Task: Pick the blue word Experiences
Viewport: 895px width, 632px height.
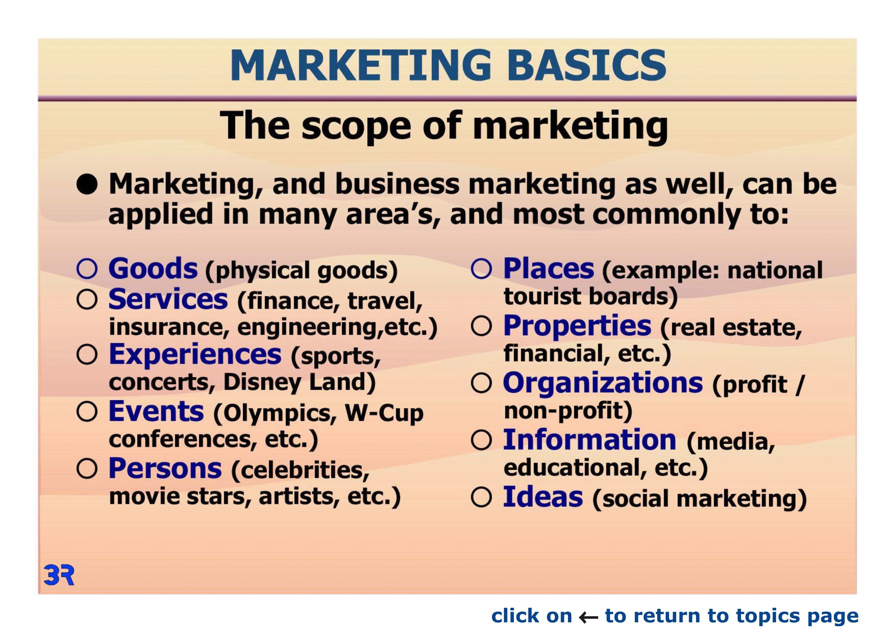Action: pyautogui.click(x=195, y=355)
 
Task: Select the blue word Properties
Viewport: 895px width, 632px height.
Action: pyautogui.click(x=577, y=326)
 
